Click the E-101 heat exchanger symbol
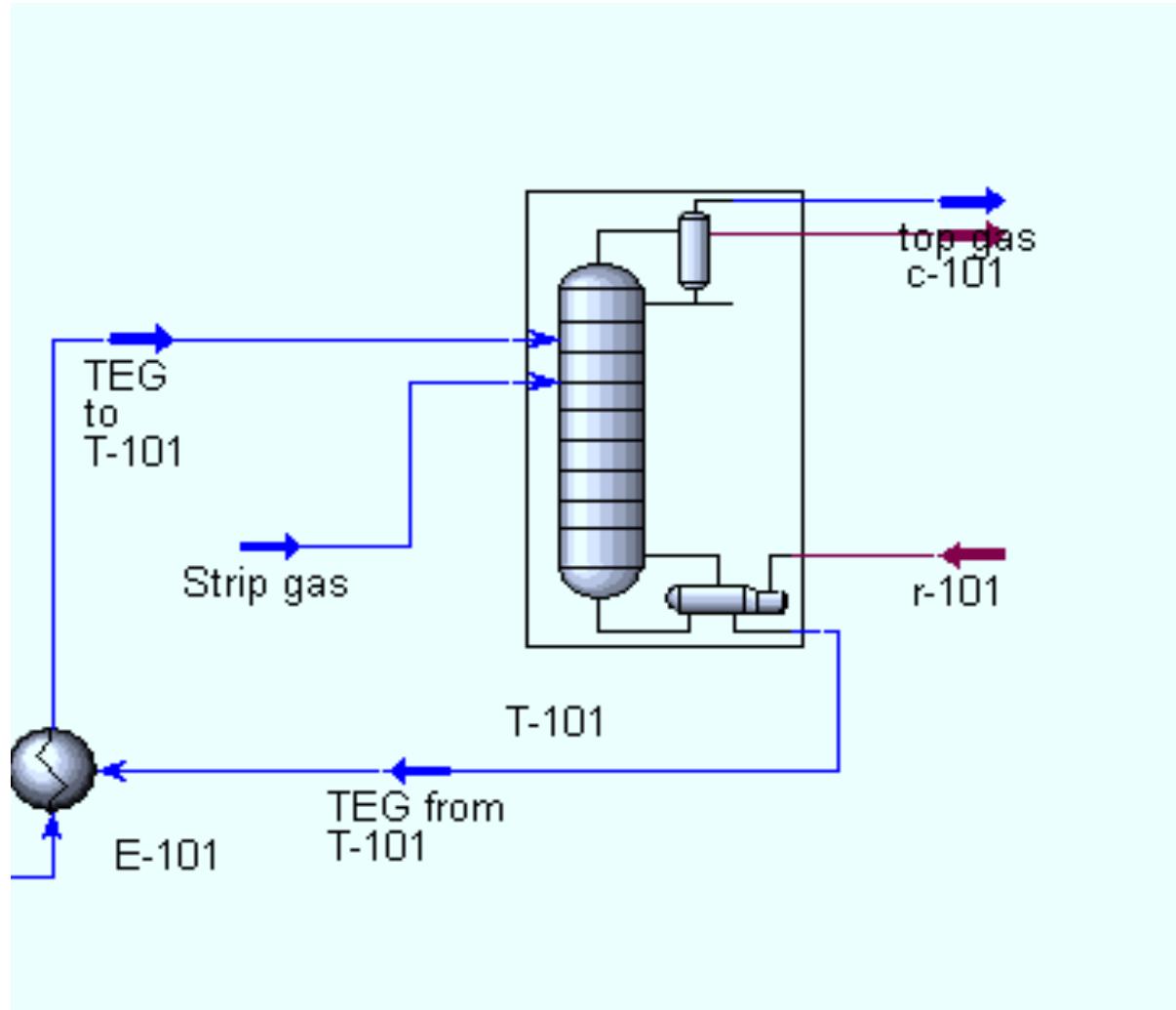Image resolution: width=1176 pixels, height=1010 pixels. coord(53,769)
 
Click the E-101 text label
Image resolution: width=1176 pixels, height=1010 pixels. coord(166,856)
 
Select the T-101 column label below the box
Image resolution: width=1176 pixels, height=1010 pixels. coord(555,722)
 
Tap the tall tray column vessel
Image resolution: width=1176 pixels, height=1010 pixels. coord(601,430)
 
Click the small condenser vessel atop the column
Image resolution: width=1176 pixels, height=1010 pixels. coord(693,250)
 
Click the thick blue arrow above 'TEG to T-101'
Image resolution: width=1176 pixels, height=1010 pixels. coord(140,339)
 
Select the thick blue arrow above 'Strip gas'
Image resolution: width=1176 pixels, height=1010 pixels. coord(270,546)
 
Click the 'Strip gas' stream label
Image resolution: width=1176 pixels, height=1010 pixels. coord(265,584)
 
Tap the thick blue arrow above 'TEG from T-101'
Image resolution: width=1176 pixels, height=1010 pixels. coord(420,771)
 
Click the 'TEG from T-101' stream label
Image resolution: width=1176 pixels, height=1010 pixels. coord(415,826)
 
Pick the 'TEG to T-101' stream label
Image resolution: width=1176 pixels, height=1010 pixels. coord(133,414)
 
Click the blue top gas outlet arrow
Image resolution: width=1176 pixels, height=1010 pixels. coord(971,202)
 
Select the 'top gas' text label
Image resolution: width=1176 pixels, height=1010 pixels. coord(966,238)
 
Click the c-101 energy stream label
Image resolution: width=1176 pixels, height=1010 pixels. coord(955,274)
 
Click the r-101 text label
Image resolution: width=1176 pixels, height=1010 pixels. coord(956,592)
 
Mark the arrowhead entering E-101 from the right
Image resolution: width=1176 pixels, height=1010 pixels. coord(114,771)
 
